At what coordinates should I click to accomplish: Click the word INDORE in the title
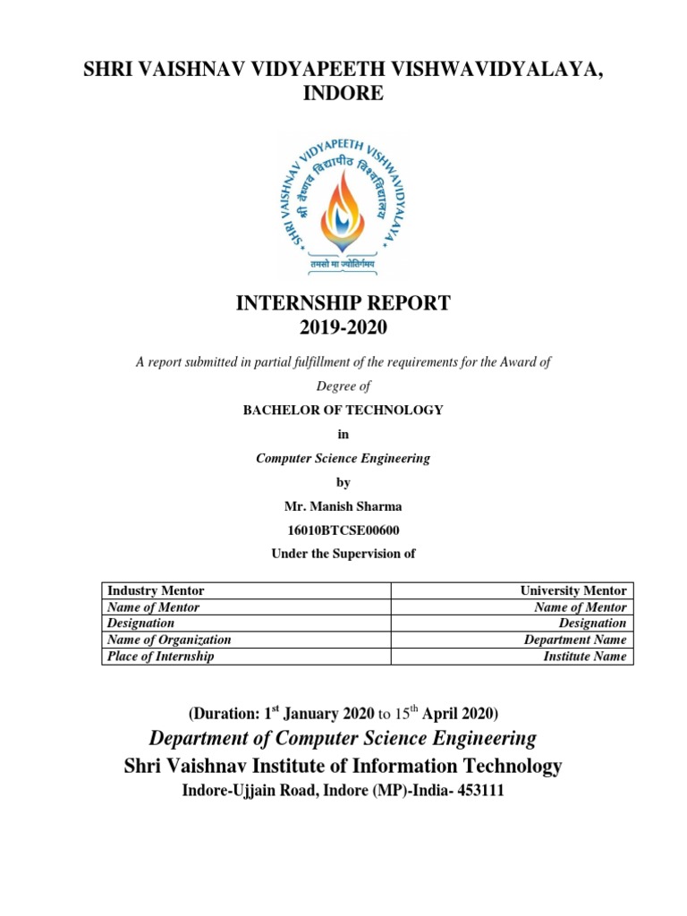(343, 94)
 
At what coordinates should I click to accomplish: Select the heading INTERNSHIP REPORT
(343, 304)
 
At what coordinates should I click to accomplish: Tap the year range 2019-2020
(343, 328)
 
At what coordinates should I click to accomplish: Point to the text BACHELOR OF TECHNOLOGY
(343, 411)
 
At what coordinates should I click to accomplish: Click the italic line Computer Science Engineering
(343, 458)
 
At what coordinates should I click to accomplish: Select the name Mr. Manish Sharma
(343, 506)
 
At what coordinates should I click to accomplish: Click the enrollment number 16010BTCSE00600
(343, 530)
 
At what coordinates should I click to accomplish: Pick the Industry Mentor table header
(156, 591)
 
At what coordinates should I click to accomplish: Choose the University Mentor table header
(573, 591)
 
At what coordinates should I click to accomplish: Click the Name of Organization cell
(169, 640)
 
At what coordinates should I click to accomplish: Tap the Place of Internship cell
(161, 657)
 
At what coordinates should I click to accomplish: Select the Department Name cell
(575, 640)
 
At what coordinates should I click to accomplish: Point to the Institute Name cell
(585, 657)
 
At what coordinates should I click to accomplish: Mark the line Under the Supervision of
(343, 554)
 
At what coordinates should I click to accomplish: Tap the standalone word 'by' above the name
(343, 482)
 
